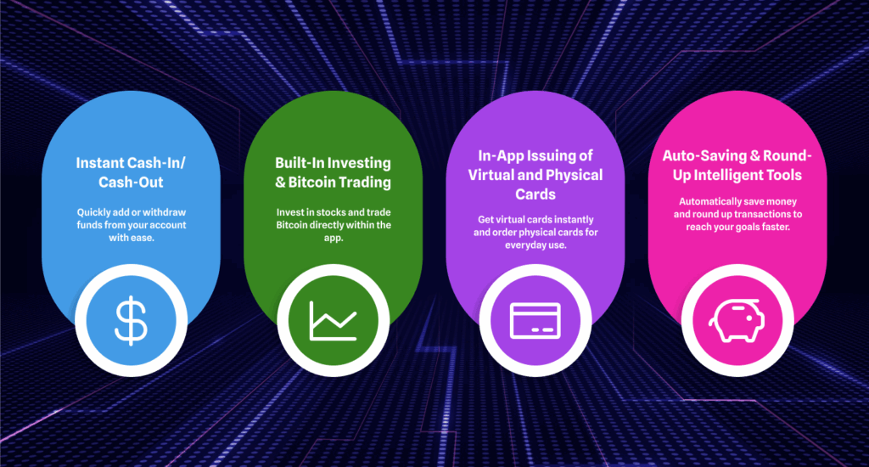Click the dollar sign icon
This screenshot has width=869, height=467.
[x=131, y=321]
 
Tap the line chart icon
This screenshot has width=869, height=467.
[x=333, y=321]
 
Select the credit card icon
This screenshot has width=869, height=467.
[x=535, y=321]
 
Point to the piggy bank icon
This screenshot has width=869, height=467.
[x=737, y=321]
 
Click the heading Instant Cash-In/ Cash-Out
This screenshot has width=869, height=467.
[x=131, y=172]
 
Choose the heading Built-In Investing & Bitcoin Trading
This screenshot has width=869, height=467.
[x=333, y=172]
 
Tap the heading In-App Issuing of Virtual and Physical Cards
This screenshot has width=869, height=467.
[x=535, y=175]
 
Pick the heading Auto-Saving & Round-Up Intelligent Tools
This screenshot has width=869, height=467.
[x=737, y=166]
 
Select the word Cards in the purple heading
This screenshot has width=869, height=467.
[x=535, y=194]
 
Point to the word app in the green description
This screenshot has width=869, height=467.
[x=332, y=239]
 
